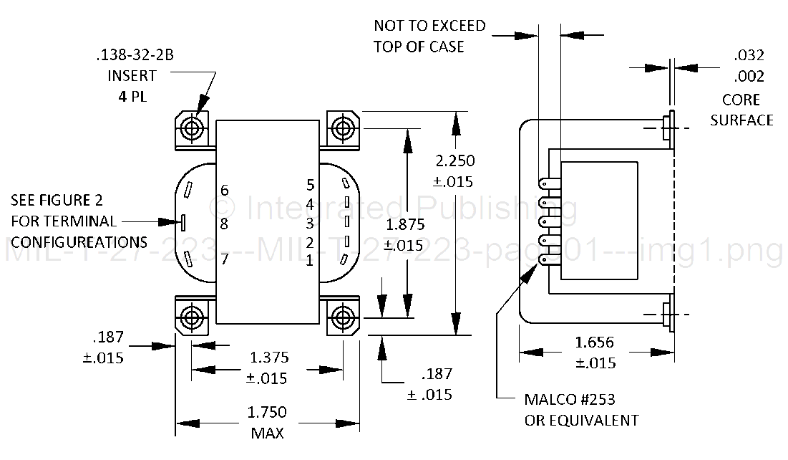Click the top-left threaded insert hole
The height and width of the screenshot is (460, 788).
(192, 129)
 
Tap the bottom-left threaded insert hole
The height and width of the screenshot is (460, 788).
(192, 316)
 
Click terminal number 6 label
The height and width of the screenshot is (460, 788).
(224, 191)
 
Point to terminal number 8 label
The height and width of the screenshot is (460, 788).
(224, 224)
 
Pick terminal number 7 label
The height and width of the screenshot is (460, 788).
(224, 258)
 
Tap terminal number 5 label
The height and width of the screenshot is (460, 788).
(310, 185)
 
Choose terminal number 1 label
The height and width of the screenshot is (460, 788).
(310, 260)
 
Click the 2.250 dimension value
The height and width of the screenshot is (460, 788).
(456, 161)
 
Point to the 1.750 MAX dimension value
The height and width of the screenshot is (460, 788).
(266, 412)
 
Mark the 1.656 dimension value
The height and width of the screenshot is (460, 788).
(594, 342)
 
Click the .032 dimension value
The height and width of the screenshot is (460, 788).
(749, 55)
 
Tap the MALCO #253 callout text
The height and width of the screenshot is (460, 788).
(570, 399)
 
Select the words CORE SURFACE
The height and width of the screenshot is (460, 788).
(741, 109)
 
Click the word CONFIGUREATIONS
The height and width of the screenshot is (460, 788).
(79, 241)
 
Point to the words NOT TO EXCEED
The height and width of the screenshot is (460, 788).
(429, 26)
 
